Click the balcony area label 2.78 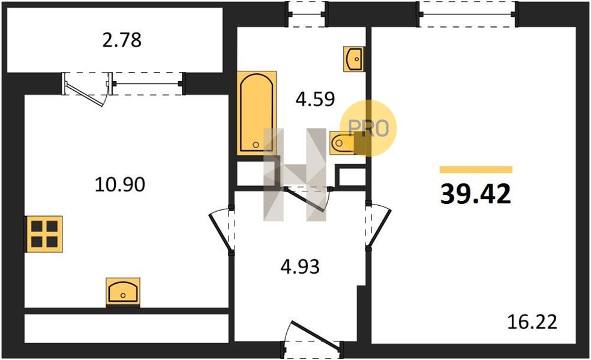(122, 40)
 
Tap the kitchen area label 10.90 (120, 185)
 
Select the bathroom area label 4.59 (315, 99)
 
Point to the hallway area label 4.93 (300, 266)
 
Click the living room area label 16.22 (532, 322)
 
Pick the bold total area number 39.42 (476, 194)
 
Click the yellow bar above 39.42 (476, 170)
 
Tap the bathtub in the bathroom (256, 113)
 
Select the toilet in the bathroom (343, 143)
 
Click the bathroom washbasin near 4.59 (353, 59)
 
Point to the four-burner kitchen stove (44, 234)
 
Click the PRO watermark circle (368, 128)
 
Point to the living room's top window (468, 14)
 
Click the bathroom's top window (307, 14)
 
